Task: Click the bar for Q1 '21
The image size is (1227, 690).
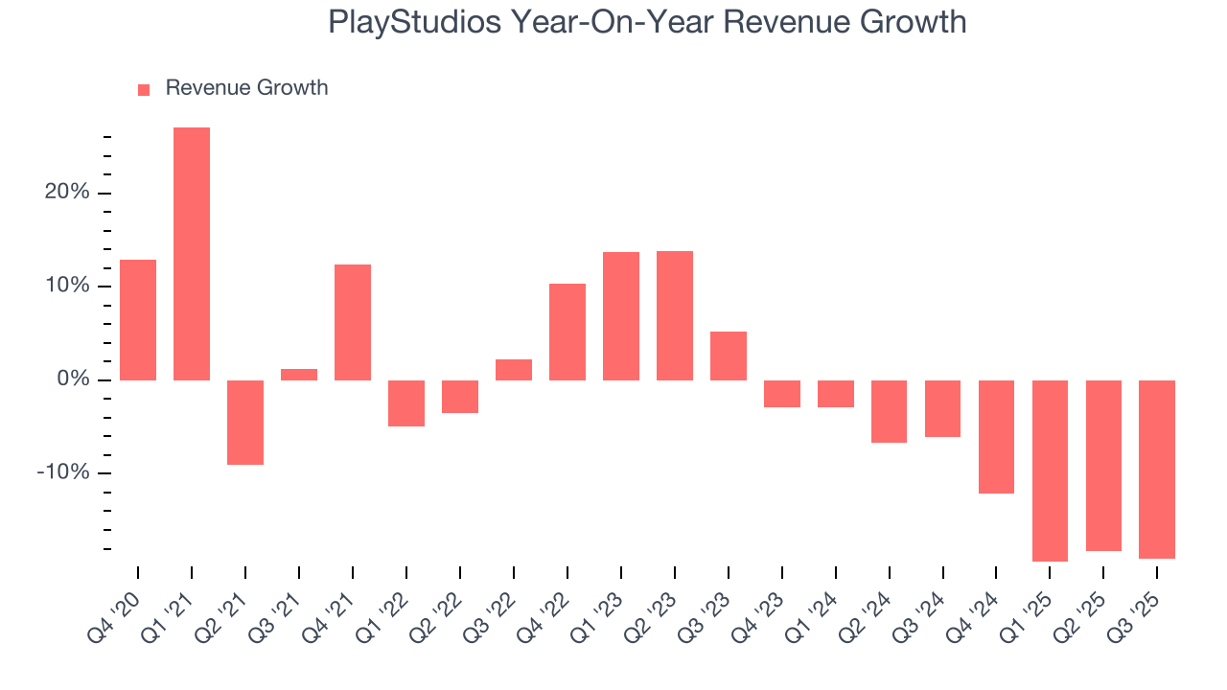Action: coord(192,254)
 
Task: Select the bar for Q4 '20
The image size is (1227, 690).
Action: coord(138,320)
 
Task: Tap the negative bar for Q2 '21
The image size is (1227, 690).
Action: coord(245,423)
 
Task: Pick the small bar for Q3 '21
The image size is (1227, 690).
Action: coord(299,375)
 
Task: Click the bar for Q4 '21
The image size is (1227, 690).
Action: coord(353,322)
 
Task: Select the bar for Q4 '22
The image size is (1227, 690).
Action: coord(567,332)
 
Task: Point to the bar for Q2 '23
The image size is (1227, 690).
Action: coord(675,315)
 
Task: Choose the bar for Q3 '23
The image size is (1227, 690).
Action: coord(729,356)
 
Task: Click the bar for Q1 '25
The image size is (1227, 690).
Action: coord(1050,471)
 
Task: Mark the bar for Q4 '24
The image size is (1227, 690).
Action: coord(996,437)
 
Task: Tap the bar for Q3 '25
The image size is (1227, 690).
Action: coord(1157,470)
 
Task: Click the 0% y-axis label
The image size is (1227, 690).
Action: coord(72,380)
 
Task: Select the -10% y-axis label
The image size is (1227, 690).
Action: coord(63,473)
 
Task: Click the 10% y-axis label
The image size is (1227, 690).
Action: coord(67,287)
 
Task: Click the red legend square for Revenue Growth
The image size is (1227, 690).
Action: coord(144,89)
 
